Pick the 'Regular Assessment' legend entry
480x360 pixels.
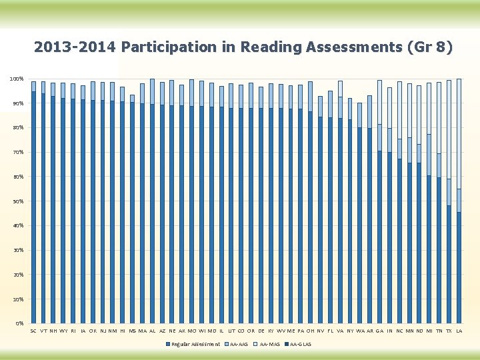[193, 344]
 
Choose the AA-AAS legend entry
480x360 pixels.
[236, 344]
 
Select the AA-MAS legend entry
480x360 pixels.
[267, 344]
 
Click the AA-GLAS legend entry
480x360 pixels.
[298, 344]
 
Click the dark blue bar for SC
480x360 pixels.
[33, 207]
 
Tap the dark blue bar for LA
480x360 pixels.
[459, 267]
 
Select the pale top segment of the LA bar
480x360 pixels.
[459, 133]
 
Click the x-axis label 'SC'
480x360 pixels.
[33, 331]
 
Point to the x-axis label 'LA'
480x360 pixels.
[459, 331]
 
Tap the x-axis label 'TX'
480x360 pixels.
[449, 331]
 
